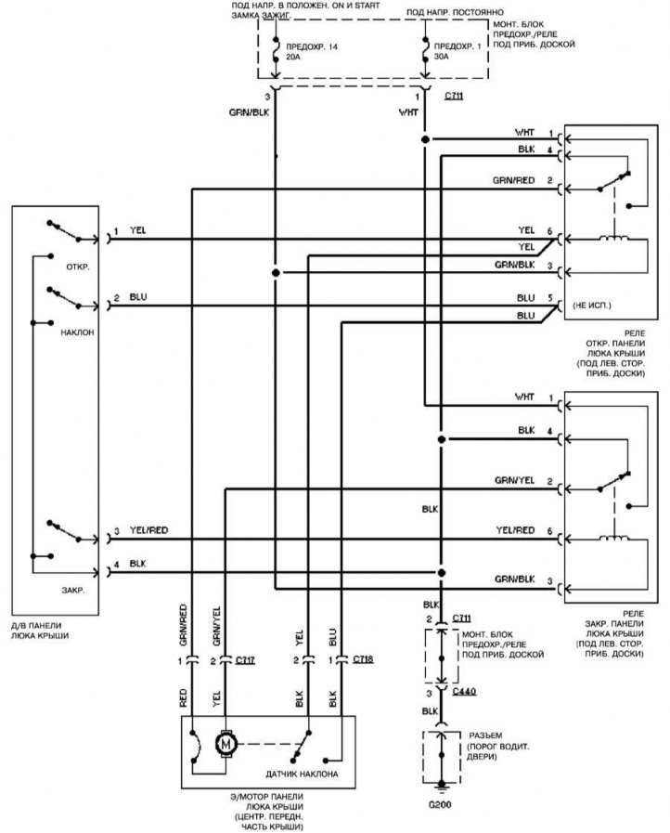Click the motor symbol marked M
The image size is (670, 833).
tap(226, 744)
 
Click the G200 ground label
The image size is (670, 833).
tap(440, 804)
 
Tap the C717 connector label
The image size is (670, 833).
tap(245, 659)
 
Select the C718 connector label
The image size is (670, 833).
tap(363, 658)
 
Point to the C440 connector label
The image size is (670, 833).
tap(465, 691)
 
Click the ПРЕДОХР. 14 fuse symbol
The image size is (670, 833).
tap(276, 53)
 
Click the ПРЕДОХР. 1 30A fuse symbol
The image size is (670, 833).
tap(425, 53)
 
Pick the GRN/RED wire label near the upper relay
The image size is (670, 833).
tap(513, 180)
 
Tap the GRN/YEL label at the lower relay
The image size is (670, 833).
tap(514, 480)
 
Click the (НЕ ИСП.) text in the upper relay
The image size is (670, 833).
tap(592, 306)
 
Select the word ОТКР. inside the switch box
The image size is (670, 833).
tap(78, 267)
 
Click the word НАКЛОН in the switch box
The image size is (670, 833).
tap(77, 332)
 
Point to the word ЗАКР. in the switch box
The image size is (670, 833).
tap(73, 591)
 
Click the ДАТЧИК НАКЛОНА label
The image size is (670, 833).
tap(302, 774)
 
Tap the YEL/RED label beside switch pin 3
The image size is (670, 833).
tap(148, 530)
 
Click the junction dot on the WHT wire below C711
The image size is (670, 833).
tap(425, 139)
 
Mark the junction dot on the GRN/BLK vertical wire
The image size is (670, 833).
tap(276, 272)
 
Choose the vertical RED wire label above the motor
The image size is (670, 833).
tap(184, 698)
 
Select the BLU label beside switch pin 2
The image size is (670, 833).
tap(138, 297)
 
